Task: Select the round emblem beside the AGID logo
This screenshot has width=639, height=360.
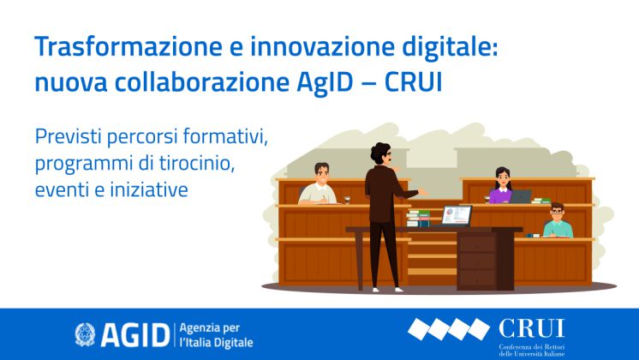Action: [x=86, y=333]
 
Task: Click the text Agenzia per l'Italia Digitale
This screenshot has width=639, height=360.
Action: [x=218, y=333]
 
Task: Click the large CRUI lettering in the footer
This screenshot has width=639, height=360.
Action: [x=531, y=328]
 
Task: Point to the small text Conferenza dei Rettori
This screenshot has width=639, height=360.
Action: [x=531, y=347]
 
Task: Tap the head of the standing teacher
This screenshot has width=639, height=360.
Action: [x=380, y=155]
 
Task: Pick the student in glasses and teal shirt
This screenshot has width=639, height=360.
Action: [x=557, y=222]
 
